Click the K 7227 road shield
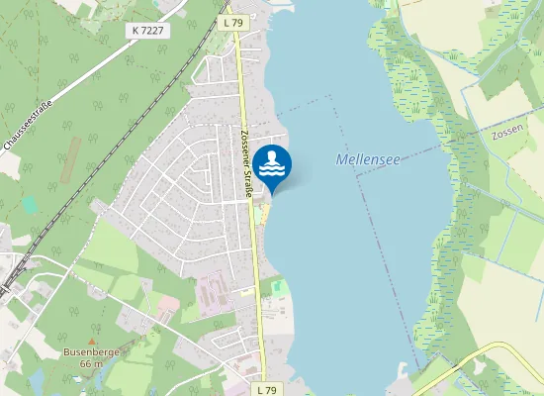tap(147, 31)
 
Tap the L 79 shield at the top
tap(233, 22)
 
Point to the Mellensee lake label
tap(365, 158)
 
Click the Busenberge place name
tap(91, 351)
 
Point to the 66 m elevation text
tap(91, 364)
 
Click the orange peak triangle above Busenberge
tap(90, 340)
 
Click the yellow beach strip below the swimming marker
tap(261, 214)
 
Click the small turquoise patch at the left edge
tap(28, 205)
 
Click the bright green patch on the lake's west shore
tap(278, 287)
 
